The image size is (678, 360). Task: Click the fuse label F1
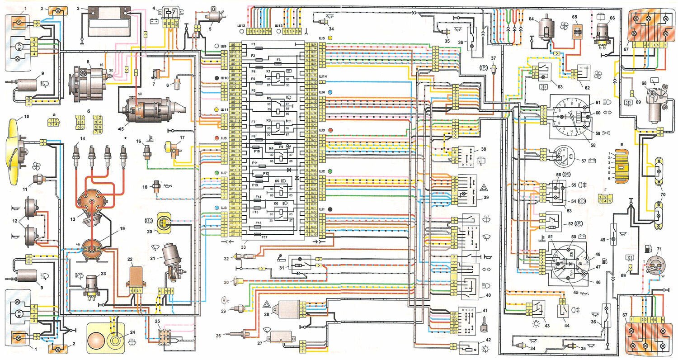tap(254, 44)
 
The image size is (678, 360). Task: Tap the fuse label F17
tap(264, 237)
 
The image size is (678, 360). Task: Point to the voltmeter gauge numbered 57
tap(561, 157)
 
